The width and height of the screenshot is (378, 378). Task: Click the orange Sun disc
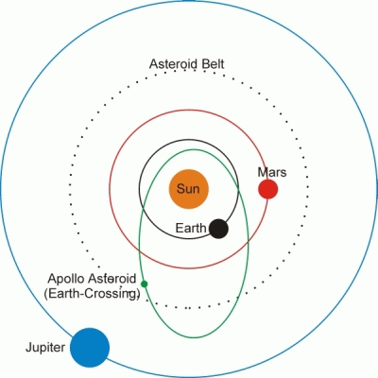189,189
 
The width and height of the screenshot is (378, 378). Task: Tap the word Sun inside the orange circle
188,189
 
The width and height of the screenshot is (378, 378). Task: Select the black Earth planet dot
218,229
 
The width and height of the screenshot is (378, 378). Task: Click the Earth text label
191,228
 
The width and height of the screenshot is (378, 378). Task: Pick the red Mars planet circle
268,189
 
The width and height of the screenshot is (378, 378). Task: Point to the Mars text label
272,172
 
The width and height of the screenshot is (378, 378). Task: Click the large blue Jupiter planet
90,348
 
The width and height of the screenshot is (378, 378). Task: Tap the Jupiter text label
45,348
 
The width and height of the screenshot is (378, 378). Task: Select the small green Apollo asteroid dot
144,283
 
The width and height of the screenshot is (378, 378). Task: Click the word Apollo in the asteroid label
67,279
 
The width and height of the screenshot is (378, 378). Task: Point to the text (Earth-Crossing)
92,294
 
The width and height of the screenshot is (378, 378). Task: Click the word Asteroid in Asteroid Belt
173,63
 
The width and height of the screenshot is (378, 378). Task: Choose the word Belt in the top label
212,63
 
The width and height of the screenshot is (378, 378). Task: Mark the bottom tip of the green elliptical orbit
195,338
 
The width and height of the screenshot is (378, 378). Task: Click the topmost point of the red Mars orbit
189,110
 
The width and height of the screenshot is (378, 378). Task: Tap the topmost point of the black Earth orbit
189,140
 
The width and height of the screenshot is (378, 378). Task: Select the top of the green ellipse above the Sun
194,149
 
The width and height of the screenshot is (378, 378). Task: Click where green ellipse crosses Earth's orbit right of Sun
237,189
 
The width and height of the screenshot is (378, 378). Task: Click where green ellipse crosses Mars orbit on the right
248,240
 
